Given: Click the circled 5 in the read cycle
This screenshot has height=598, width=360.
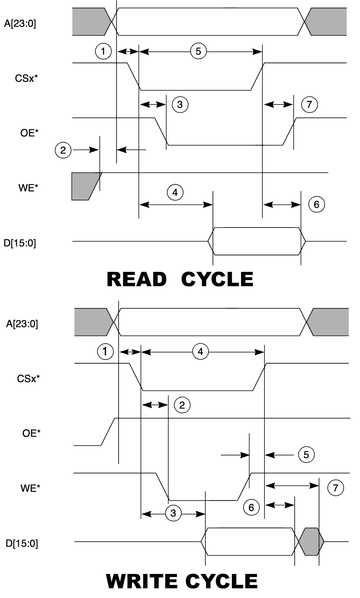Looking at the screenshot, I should click(x=198, y=52).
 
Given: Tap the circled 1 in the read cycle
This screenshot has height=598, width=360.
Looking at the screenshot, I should click(x=103, y=52).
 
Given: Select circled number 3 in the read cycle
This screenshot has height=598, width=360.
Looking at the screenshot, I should click(x=180, y=104).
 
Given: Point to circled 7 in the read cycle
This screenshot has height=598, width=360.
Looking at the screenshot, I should click(x=310, y=104).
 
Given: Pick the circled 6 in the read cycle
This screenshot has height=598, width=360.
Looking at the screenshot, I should click(x=316, y=204).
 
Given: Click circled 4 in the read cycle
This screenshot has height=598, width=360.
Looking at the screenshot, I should click(x=175, y=192).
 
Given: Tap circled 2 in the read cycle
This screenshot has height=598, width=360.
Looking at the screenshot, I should click(x=63, y=150).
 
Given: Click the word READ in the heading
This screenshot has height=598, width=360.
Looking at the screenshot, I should click(x=136, y=279).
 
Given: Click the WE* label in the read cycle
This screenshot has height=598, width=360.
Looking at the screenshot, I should click(x=28, y=188).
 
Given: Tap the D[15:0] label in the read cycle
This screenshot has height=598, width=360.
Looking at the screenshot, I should click(x=20, y=243).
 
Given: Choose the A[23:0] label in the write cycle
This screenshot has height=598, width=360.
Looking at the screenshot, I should click(x=22, y=324).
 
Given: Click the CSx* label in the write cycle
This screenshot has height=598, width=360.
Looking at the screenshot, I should click(x=28, y=379).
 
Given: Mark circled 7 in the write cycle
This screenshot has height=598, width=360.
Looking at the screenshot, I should click(x=336, y=487).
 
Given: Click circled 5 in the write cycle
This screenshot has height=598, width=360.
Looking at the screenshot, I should click(x=306, y=455).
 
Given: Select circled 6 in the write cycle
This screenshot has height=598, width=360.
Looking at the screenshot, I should click(x=251, y=507).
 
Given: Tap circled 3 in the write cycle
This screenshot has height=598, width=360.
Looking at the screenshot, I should click(x=173, y=513).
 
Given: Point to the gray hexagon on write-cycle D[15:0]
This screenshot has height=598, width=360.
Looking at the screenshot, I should click(x=311, y=541).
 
